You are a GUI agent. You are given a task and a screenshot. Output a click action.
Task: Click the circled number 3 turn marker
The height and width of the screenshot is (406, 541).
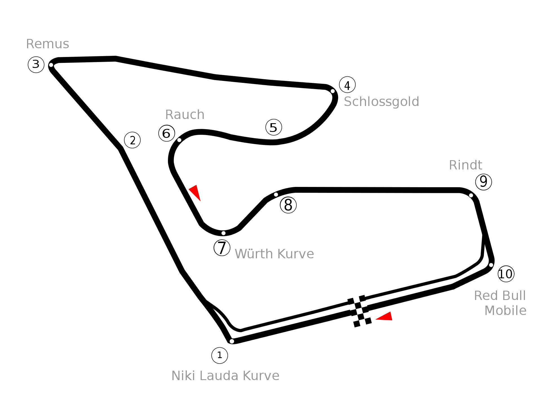pyautogui.click(x=36, y=65)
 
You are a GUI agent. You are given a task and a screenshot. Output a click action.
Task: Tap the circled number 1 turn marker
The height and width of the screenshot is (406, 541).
pyautogui.click(x=220, y=356)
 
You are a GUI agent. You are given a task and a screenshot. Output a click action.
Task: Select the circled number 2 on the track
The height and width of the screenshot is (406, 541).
pyautogui.click(x=132, y=140)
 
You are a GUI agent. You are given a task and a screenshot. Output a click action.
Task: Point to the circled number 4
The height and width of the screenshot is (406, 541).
pyautogui.click(x=347, y=85)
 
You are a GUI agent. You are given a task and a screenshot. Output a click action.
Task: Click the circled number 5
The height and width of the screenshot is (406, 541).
pyautogui.click(x=274, y=127)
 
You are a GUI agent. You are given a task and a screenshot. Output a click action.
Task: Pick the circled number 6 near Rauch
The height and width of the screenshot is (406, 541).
pyautogui.click(x=167, y=133)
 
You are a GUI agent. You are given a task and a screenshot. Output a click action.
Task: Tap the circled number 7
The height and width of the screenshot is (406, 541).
pyautogui.click(x=222, y=248)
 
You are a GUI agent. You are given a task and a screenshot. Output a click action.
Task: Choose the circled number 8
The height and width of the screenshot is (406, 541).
pyautogui.click(x=288, y=205)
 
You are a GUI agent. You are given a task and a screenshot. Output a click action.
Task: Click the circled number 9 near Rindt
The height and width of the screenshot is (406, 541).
pyautogui.click(x=484, y=182)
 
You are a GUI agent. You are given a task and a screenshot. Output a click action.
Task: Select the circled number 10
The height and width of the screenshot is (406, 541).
pyautogui.click(x=506, y=274)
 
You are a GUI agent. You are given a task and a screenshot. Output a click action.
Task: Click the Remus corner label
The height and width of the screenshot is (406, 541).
pyautogui.click(x=48, y=44)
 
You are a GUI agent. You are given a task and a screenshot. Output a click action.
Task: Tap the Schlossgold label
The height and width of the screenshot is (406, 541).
pyautogui.click(x=382, y=102)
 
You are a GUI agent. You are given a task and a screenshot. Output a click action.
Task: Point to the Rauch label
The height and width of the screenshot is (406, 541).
pyautogui.click(x=185, y=115)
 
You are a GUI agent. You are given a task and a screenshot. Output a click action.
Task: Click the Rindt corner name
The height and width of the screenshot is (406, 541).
pyautogui.click(x=465, y=165)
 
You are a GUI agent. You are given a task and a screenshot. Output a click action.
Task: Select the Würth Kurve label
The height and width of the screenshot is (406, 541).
pyautogui.click(x=274, y=254)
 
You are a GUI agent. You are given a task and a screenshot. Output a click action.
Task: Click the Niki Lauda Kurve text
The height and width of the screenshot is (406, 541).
pyautogui.click(x=225, y=376)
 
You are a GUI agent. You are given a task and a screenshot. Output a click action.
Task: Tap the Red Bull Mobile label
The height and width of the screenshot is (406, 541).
pyautogui.click(x=500, y=303)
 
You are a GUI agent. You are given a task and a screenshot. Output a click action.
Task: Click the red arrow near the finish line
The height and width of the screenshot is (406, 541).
pyautogui.click(x=384, y=316)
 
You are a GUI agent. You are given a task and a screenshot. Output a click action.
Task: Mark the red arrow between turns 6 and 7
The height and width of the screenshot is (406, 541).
pyautogui.click(x=195, y=193)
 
